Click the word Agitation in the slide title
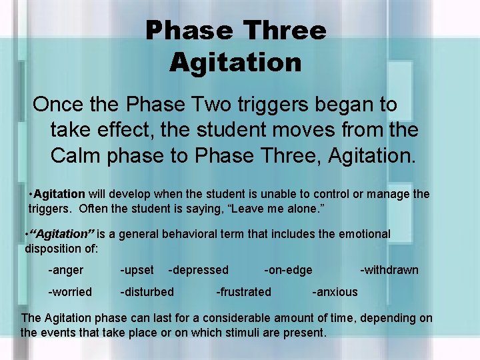(235, 63)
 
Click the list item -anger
(65, 270)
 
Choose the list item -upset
(137, 270)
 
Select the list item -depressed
(198, 270)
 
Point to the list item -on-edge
(288, 270)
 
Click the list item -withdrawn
(389, 270)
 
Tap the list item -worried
(69, 292)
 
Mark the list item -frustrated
(243, 292)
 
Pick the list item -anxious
(335, 292)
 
